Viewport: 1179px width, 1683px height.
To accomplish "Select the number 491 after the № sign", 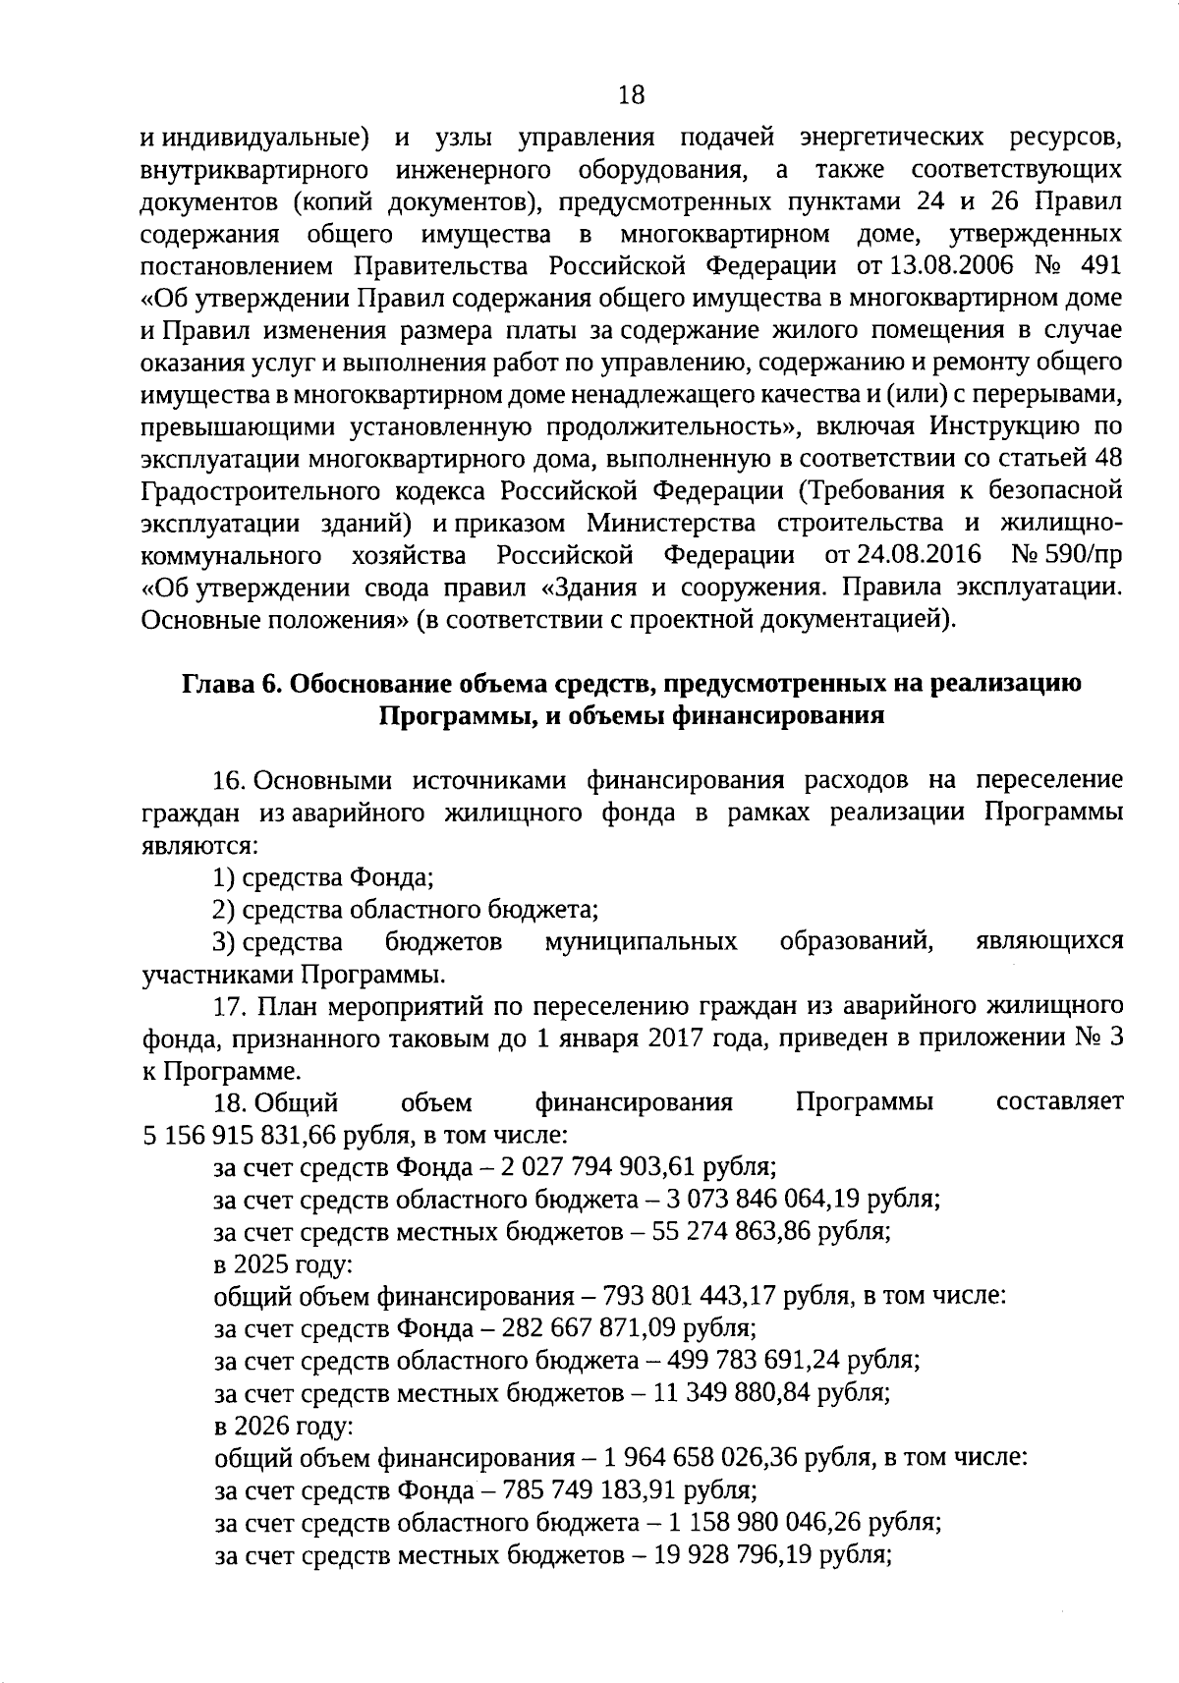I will [1099, 266].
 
